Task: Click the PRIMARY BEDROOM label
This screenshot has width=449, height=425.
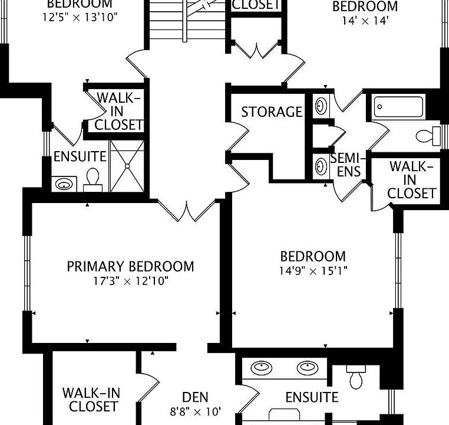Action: pyautogui.click(x=130, y=267)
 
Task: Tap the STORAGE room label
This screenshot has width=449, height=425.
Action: pyautogui.click(x=272, y=112)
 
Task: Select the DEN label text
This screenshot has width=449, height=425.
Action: pyautogui.click(x=195, y=398)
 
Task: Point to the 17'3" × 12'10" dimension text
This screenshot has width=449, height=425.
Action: pyautogui.click(x=130, y=281)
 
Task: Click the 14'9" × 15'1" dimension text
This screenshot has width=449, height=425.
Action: pyautogui.click(x=313, y=271)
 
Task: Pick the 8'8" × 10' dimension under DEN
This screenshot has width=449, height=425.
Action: pyautogui.click(x=195, y=411)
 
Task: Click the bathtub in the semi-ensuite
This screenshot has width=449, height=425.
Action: pyautogui.click(x=398, y=108)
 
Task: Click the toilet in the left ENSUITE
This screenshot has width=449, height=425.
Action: pyautogui.click(x=93, y=178)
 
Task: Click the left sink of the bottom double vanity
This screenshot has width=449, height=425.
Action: pyautogui.click(x=261, y=368)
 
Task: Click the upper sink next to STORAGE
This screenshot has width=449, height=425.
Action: pyautogui.click(x=321, y=106)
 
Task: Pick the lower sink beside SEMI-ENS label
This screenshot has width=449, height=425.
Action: pyautogui.click(x=321, y=166)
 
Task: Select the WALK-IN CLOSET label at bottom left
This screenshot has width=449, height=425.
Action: pyautogui.click(x=90, y=400)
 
